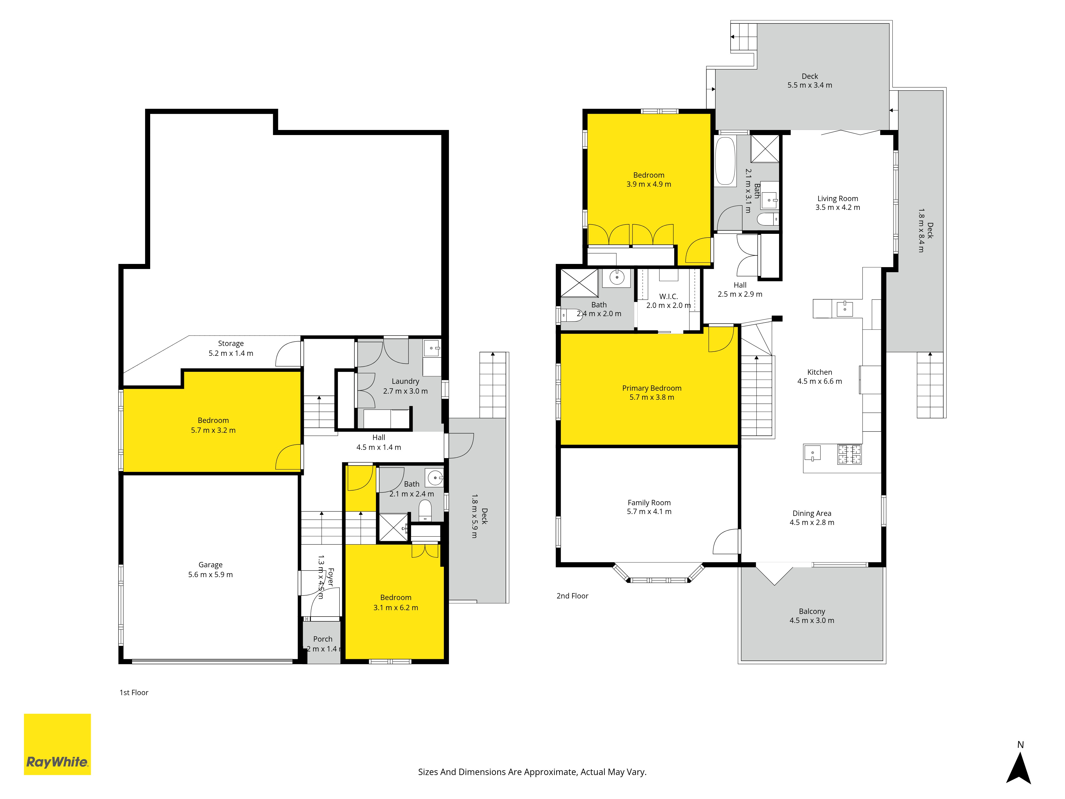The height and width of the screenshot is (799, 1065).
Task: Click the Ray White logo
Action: point(57,744)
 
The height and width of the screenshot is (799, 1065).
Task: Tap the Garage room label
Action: point(210,564)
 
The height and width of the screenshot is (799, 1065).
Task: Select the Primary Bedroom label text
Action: point(652,388)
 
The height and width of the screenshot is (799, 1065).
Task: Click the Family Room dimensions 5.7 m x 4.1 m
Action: point(649,511)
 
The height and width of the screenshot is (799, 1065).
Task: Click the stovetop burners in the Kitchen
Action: point(850,454)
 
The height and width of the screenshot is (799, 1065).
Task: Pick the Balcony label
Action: point(812,611)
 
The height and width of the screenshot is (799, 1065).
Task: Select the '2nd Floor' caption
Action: point(572,596)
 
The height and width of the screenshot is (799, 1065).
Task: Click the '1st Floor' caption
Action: point(134,692)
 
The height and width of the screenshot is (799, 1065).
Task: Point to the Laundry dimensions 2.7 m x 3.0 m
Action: point(405,391)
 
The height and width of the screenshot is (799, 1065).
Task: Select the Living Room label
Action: point(838,198)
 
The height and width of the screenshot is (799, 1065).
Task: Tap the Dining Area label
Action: point(812,513)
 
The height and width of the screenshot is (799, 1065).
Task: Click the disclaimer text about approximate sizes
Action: point(532,772)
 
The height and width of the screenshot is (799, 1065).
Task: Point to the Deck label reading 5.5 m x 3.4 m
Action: point(810,80)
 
